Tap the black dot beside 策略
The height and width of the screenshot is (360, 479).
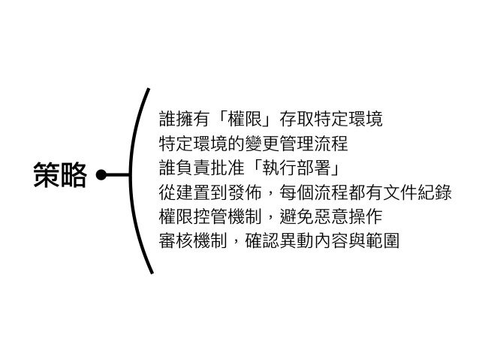click(101, 177)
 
